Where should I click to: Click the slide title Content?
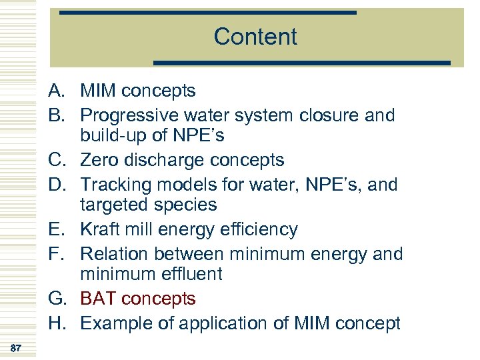(255, 37)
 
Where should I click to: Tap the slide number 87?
(17, 347)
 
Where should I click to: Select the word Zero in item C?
(99, 160)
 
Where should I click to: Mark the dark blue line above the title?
(208, 13)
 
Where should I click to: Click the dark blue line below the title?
(302, 63)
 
